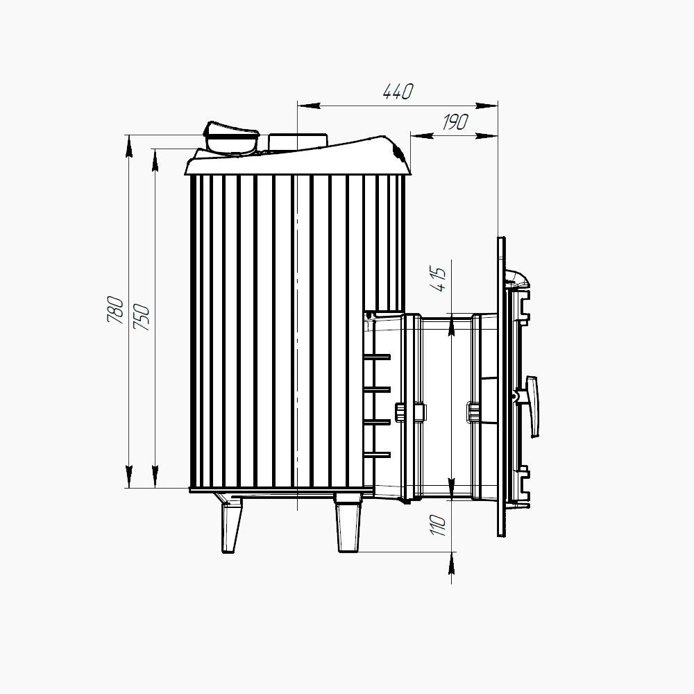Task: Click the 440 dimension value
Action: tap(398, 91)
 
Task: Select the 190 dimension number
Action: tap(455, 121)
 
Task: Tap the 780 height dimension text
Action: tap(115, 309)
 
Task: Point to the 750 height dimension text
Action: tap(142, 317)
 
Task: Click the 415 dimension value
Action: tap(438, 279)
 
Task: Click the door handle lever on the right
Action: tap(531, 406)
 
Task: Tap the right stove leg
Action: tap(349, 523)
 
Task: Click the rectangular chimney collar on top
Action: tap(298, 142)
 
